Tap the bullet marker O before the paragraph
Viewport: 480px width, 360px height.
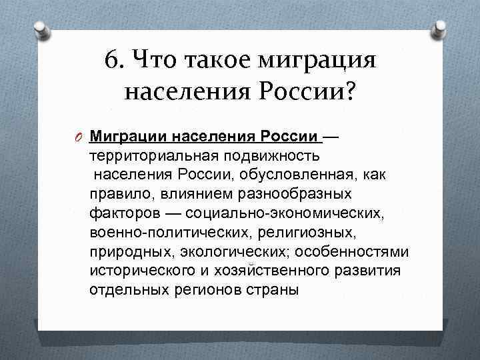coord(79,137)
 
